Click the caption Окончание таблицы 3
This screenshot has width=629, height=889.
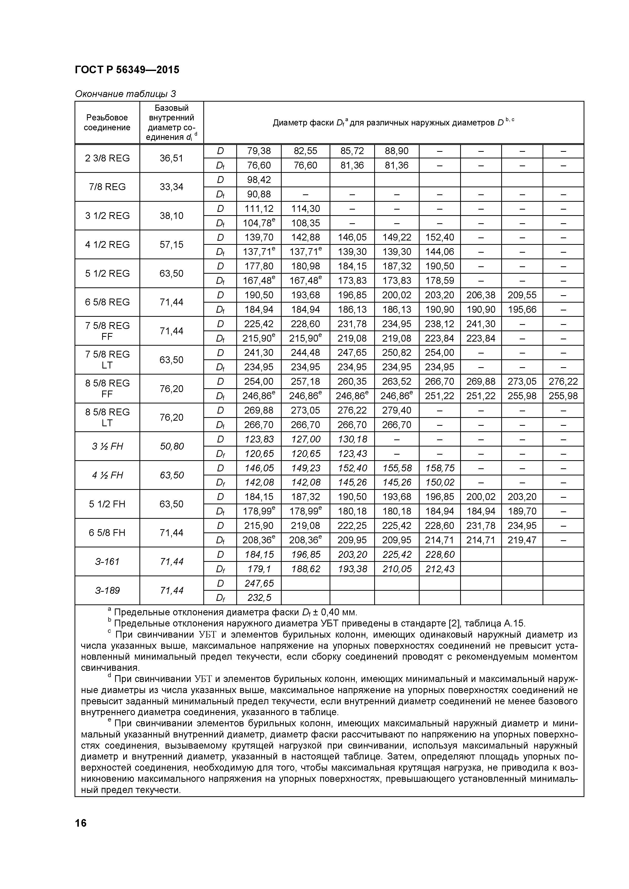[x=125, y=94]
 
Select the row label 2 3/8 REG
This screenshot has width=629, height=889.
[x=107, y=158]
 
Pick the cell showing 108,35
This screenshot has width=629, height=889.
[x=305, y=223]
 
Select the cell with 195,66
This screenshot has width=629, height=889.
[x=522, y=309]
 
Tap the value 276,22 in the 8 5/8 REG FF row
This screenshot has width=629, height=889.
[x=563, y=381]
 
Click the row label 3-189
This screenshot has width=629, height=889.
[x=107, y=590]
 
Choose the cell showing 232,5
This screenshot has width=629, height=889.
[x=259, y=598]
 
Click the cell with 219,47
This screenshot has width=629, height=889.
[x=522, y=540]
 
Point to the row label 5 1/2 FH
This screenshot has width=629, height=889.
[x=107, y=504]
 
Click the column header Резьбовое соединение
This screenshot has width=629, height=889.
[x=107, y=122]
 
